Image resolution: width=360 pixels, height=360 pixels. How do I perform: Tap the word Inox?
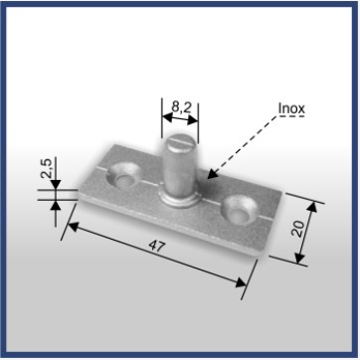click(291, 108)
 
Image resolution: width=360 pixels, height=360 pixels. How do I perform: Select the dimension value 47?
click(157, 247)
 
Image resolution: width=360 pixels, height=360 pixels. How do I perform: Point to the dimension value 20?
click(299, 229)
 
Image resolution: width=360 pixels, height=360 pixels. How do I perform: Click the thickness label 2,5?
click(47, 168)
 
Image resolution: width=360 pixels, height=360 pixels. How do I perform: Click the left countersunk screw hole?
click(123, 174)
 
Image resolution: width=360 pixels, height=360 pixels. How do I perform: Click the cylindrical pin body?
click(180, 167)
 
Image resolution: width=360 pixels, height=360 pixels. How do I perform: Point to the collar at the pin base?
click(180, 200)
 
